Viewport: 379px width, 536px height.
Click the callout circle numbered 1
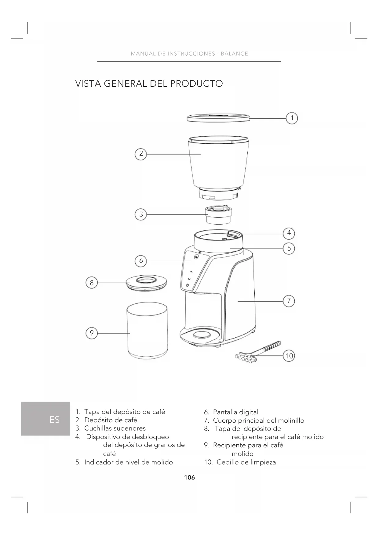point(292,118)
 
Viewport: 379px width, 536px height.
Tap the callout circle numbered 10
point(289,356)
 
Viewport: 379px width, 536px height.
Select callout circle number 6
point(141,261)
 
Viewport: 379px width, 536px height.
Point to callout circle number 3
point(141,214)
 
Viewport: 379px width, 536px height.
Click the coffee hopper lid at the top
point(219,118)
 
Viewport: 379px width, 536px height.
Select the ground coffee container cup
point(147,331)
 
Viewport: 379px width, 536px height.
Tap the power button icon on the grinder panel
point(187,285)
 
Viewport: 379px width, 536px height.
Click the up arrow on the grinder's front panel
point(191,271)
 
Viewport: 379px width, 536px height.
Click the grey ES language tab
point(46,419)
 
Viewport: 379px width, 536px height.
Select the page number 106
point(189,477)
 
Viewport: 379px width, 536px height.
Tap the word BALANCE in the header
point(234,54)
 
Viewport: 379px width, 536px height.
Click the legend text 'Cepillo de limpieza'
point(246,462)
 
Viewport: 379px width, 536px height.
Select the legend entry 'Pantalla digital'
point(235,412)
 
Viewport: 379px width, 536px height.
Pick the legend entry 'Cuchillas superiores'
point(115,428)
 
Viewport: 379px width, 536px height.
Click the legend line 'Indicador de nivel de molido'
point(129,462)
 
